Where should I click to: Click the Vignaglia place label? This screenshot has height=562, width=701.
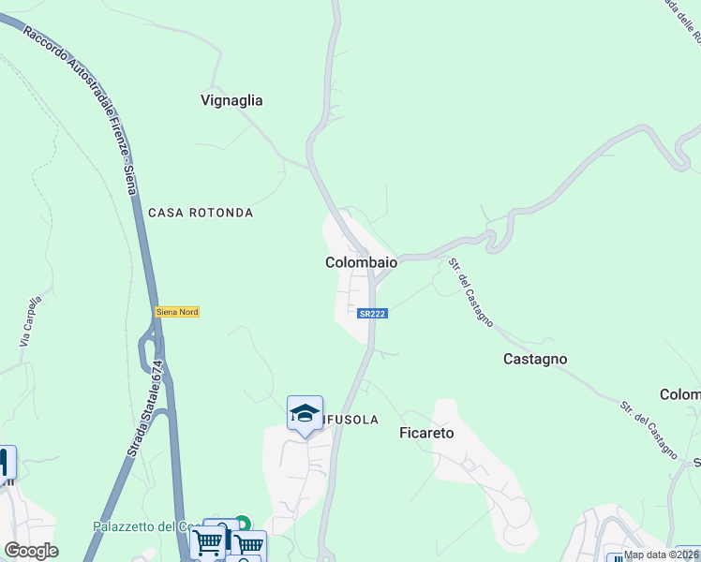point(231,100)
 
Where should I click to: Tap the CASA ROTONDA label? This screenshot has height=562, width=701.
point(201,213)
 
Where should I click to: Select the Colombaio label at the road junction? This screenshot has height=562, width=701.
point(361,263)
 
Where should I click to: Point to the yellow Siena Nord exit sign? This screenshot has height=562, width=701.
point(177,312)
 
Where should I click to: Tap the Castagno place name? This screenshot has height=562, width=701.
point(535,359)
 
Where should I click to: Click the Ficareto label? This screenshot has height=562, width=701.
point(426,433)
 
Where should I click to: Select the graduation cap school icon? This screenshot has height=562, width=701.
point(305,414)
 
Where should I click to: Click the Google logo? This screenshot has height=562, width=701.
point(31,551)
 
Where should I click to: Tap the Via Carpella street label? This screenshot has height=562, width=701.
point(31,322)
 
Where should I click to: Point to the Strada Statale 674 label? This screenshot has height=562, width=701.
point(147,409)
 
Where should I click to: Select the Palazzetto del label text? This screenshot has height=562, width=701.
point(138,526)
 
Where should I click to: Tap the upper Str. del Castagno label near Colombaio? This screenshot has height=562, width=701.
point(470,291)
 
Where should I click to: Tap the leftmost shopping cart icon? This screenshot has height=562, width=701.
point(207,542)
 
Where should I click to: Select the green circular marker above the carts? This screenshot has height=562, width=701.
point(243,524)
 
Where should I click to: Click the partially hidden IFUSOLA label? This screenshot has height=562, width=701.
point(350,420)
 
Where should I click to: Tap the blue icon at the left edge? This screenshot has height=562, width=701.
point(5,463)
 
